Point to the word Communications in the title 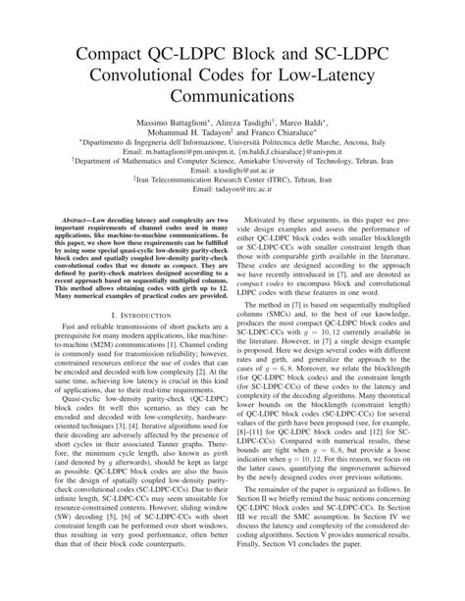pyautogui.click(x=232, y=98)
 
